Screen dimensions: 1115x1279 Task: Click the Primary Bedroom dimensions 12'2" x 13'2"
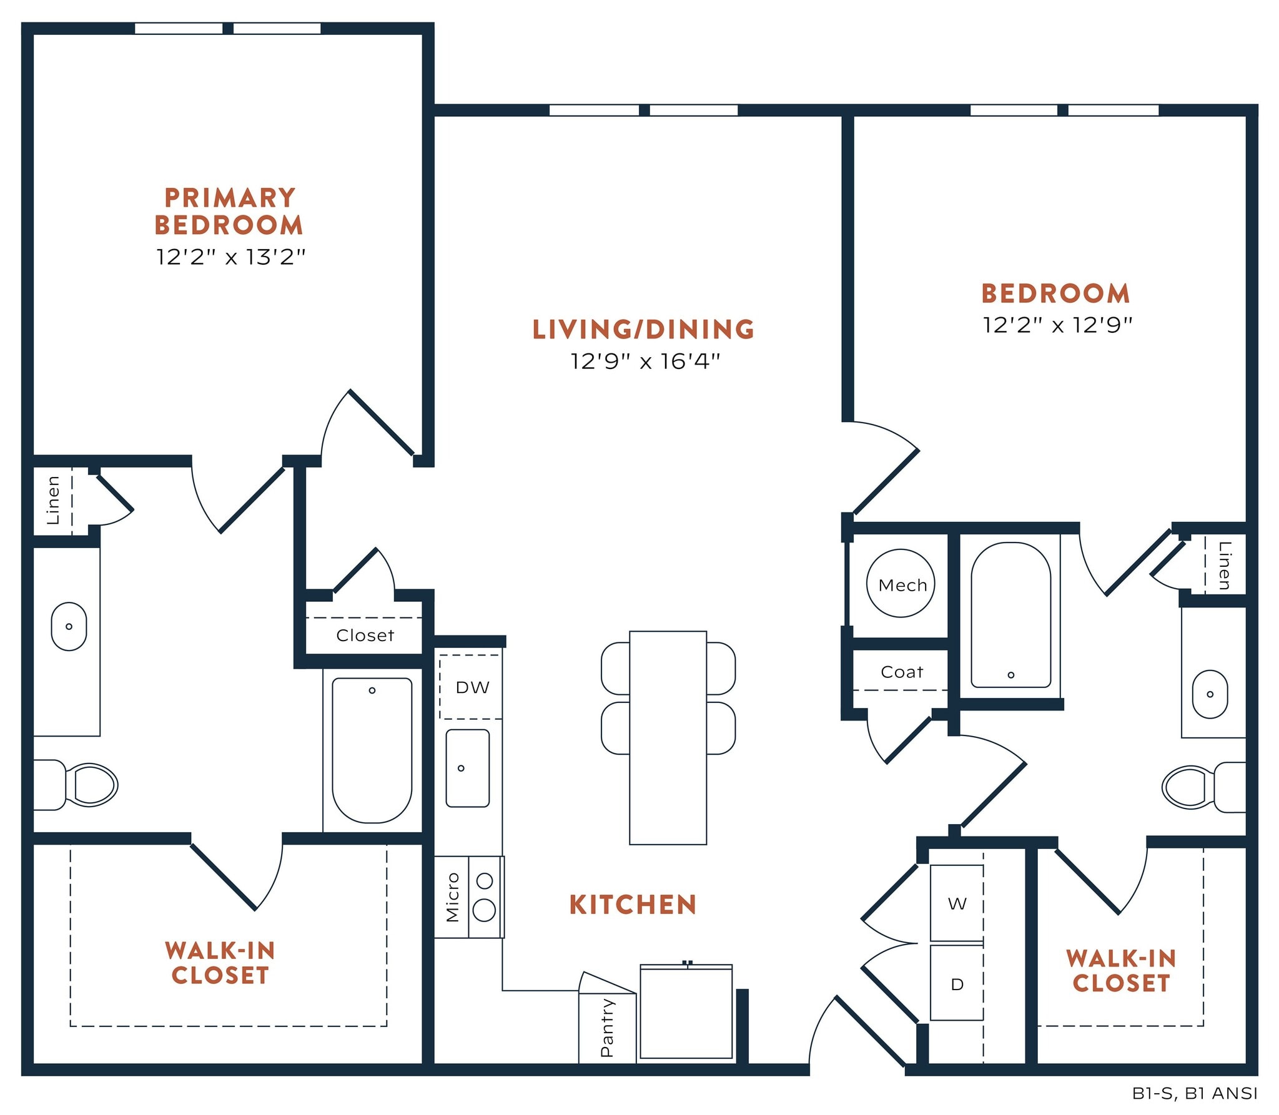tap(230, 257)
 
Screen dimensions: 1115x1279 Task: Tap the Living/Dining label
tap(643, 329)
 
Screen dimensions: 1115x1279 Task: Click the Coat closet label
tap(901, 672)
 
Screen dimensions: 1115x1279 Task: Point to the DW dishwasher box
tap(472, 687)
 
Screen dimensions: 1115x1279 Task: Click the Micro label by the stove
tap(452, 896)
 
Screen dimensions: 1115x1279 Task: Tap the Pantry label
tap(606, 1028)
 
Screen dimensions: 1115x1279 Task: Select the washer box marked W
tap(956, 903)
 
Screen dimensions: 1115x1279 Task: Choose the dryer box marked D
tap(956, 985)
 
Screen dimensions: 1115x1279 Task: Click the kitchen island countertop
tap(668, 737)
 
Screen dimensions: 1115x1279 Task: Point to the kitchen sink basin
tap(467, 769)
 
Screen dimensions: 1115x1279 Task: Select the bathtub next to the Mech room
tap(1010, 615)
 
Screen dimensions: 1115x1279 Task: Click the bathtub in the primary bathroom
tap(372, 750)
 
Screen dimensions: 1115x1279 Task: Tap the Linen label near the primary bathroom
tap(53, 500)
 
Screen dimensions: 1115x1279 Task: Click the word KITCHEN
tap(632, 905)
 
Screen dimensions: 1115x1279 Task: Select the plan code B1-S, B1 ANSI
tap(1194, 1093)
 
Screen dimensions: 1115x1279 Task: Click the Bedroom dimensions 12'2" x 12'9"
tap(1057, 325)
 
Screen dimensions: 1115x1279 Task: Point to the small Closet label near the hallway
tap(365, 635)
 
